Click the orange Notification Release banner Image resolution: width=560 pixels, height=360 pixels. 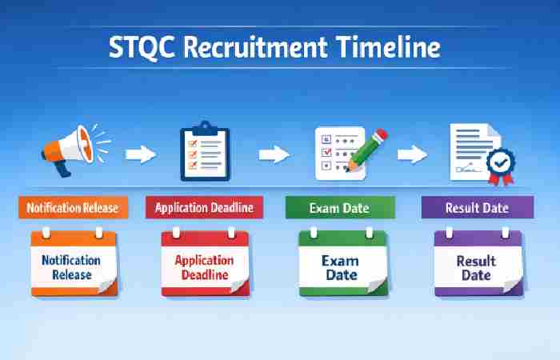click(x=73, y=208)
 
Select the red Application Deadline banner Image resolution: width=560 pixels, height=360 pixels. click(x=204, y=208)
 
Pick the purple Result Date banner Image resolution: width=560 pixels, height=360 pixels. click(x=477, y=208)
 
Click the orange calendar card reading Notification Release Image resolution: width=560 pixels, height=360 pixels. click(x=73, y=263)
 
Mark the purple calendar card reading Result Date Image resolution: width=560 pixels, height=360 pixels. click(x=478, y=263)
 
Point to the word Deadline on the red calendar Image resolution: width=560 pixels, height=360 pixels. click(x=205, y=275)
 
